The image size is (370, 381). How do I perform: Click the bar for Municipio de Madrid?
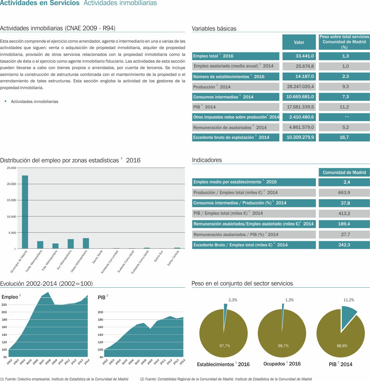pyautogui.click(x=25, y=212)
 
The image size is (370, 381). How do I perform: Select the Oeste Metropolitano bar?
pyautogui.click(x=86, y=243)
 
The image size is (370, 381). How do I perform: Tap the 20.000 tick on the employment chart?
pyautogui.click(x=12, y=184)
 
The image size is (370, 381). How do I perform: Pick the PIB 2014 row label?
pyautogui.click(x=204, y=107)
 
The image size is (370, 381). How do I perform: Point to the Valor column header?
pyautogui.click(x=299, y=42)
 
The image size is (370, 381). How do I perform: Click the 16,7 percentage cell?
pyautogui.click(x=344, y=137)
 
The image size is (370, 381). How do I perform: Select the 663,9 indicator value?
pyautogui.click(x=344, y=192)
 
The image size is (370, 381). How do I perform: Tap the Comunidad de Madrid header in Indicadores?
pyautogui.click(x=344, y=172)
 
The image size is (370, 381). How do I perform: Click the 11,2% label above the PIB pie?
pyautogui.click(x=349, y=300)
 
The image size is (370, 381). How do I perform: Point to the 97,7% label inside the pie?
pyautogui.click(x=225, y=346)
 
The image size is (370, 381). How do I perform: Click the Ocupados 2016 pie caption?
pyautogui.click(x=282, y=364)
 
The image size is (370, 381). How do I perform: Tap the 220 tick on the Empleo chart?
pyautogui.click(x=4, y=305)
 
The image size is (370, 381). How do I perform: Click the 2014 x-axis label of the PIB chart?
pyautogui.click(x=183, y=362)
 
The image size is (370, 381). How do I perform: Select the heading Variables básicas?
pyautogui.click(x=214, y=28)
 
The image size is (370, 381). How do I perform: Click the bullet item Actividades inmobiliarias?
pyautogui.click(x=35, y=101)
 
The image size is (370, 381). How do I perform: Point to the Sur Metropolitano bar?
pyautogui.click(x=70, y=244)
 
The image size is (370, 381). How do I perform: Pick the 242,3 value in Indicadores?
pyautogui.click(x=344, y=245)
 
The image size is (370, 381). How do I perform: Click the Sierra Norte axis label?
pyautogui.click(x=98, y=257)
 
